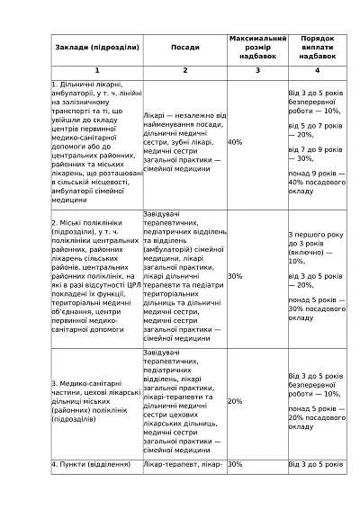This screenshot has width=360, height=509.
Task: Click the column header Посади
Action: [x=184, y=48]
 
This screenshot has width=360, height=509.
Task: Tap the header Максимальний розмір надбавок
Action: [x=257, y=48]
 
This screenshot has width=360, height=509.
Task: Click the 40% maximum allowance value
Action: [x=235, y=142]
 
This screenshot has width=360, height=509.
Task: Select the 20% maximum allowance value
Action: [x=235, y=401]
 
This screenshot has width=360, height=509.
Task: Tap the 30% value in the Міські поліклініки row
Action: [x=235, y=276]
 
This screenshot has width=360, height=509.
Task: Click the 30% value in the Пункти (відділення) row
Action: [x=235, y=464]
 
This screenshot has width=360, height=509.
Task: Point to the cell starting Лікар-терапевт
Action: [x=183, y=464]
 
